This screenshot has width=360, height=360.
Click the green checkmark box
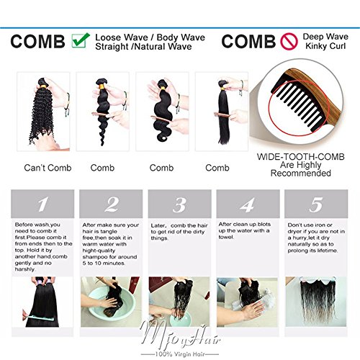(81, 40)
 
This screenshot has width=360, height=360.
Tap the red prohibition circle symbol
(289, 41)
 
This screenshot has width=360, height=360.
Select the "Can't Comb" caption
(48, 168)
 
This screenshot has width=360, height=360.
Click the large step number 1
(42, 204)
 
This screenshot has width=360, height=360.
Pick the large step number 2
(112, 204)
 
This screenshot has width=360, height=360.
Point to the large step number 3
(179, 204)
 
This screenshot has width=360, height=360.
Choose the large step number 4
(248, 204)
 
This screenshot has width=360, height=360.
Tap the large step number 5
(316, 204)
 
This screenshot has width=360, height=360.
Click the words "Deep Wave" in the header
(325, 37)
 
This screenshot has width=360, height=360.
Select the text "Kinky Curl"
(325, 46)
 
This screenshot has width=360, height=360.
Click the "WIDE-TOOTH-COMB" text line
(301, 157)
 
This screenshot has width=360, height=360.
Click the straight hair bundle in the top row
(224, 113)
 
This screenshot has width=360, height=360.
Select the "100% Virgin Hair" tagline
(180, 354)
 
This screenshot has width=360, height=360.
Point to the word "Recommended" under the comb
(301, 173)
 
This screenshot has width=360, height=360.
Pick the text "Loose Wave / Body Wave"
(150, 37)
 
